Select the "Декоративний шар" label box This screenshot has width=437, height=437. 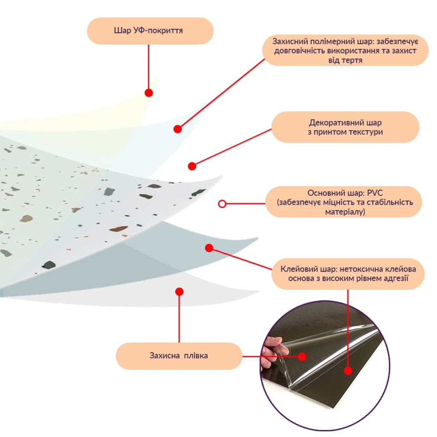tap(345, 127)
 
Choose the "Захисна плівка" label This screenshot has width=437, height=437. tap(179, 355)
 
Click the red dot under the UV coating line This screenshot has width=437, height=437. tap(149, 93)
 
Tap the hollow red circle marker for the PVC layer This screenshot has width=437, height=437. tap(222, 204)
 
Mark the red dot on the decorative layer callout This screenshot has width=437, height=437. tap(192, 166)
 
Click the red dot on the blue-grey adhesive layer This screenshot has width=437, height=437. tap(209, 248)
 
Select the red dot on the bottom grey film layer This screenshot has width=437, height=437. tap(180, 292)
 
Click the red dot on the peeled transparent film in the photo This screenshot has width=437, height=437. tap(302, 356)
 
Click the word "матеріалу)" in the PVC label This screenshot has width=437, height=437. tap(345, 212)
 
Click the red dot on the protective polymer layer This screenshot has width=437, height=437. tap(178, 129)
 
